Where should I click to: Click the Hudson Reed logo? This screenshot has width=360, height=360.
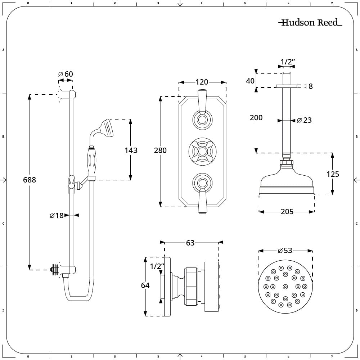[x=310, y=22]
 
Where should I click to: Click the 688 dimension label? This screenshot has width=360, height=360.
[x=30, y=180]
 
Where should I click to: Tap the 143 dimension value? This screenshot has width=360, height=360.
[x=131, y=150]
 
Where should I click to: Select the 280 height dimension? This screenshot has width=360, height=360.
[x=160, y=150]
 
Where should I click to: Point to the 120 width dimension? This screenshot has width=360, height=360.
[x=202, y=82]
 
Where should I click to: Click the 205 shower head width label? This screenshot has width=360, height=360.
[x=287, y=211]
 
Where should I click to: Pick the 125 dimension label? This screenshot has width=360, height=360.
[x=333, y=174]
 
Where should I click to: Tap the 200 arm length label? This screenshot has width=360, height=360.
[x=256, y=118]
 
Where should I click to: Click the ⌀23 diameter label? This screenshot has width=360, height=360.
[x=304, y=120]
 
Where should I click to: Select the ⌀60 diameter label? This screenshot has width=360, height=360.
[x=66, y=74]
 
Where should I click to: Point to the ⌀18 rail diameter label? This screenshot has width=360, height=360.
[x=57, y=215]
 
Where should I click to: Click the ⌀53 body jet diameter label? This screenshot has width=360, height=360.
[x=285, y=250]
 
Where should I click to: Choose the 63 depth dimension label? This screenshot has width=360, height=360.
[x=190, y=243]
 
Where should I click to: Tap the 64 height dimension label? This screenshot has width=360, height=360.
[x=145, y=285]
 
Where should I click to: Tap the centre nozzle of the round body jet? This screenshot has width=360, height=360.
[x=285, y=287]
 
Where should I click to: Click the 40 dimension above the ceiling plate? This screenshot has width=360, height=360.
[x=250, y=81]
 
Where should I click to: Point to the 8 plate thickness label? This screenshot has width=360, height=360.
[x=310, y=86]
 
